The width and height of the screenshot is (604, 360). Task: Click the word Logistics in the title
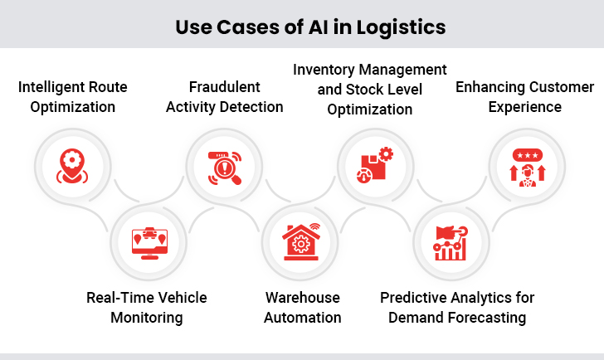click(x=402, y=27)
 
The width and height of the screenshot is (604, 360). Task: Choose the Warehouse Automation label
click(x=303, y=307)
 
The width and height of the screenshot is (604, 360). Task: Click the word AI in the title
click(x=326, y=27)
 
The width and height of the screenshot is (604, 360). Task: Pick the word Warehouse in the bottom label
click(x=303, y=297)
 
